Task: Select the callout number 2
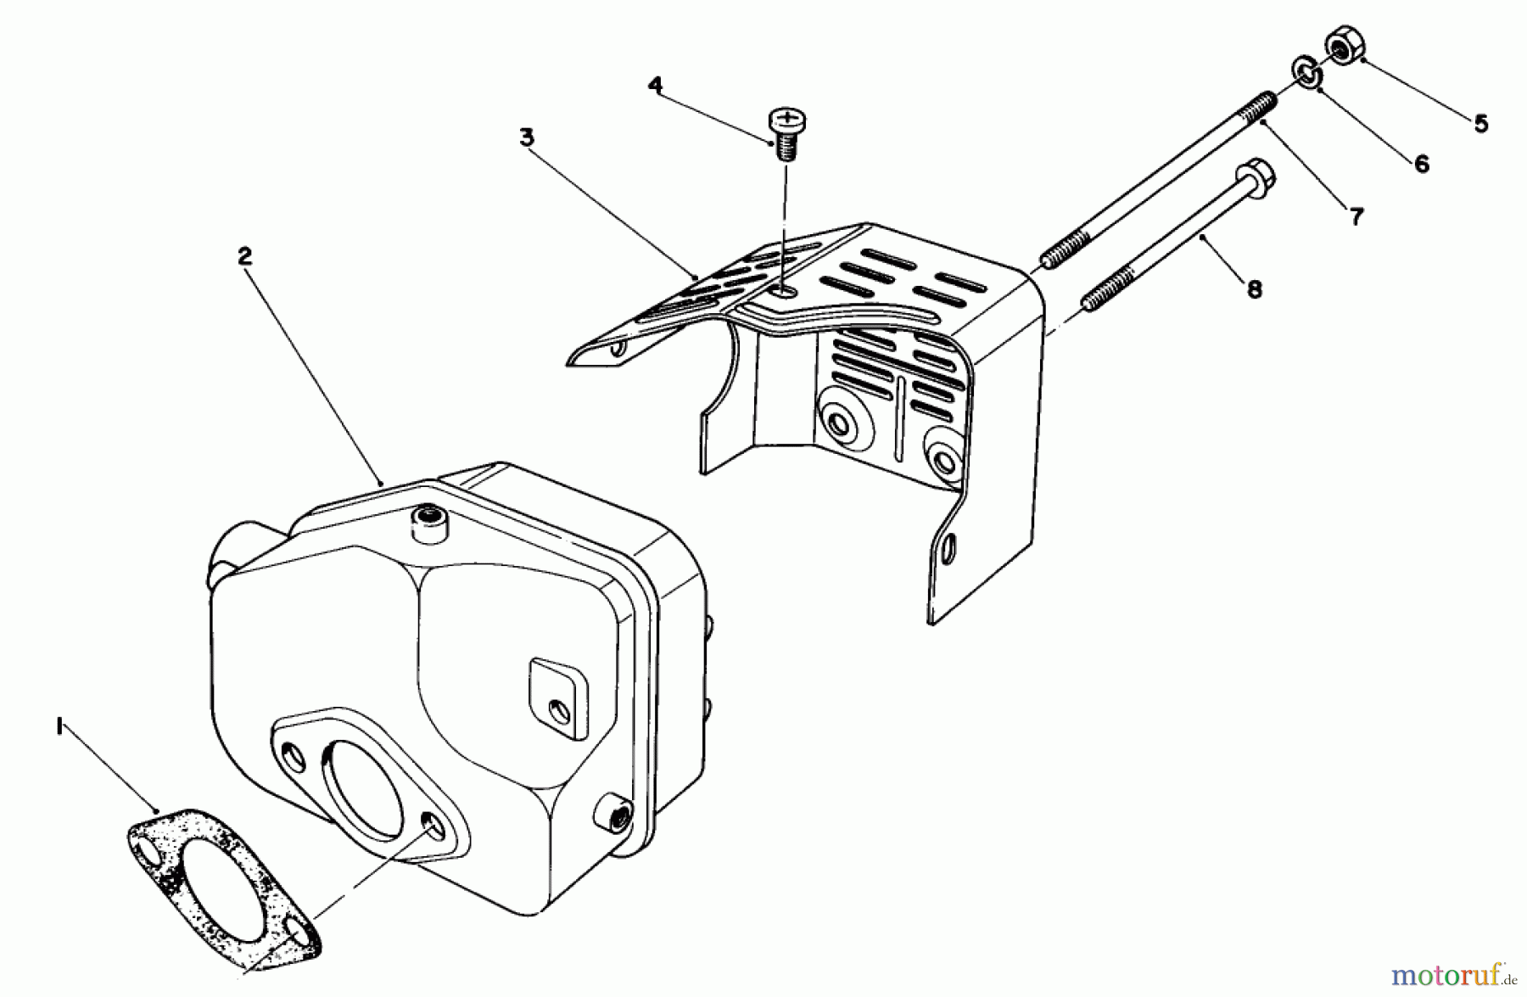point(245,255)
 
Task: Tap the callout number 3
point(527,137)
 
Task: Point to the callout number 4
point(655,85)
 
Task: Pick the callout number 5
point(1480,124)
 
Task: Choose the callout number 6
point(1422,164)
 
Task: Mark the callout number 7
point(1356,217)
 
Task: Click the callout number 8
point(1255,289)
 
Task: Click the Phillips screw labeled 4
point(786,132)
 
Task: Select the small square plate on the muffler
point(558,697)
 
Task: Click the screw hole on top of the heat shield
point(785,293)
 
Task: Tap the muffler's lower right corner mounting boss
point(615,815)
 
